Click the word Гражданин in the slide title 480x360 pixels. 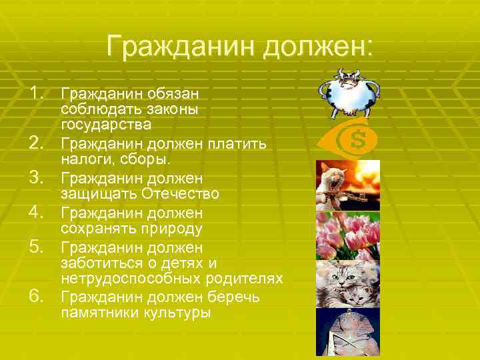click(179, 47)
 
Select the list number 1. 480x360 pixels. click(38, 92)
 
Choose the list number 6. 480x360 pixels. click(38, 296)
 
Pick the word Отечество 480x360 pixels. click(181, 194)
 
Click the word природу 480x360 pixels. click(169, 229)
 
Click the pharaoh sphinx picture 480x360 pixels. click(347, 331)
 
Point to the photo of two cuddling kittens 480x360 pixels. click(347, 283)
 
